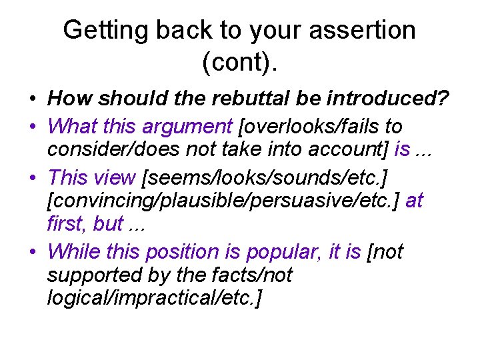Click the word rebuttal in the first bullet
click(x=248, y=99)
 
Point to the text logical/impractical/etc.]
click(x=155, y=297)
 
